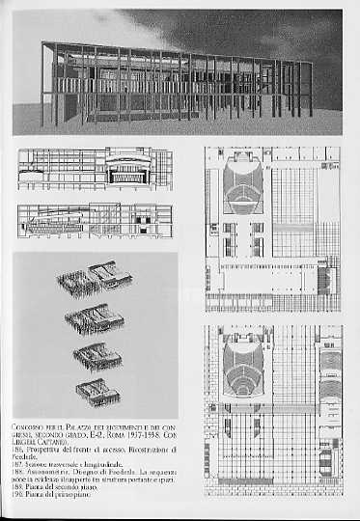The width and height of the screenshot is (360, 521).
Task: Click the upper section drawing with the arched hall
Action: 94,169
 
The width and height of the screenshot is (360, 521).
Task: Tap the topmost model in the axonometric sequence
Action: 94,278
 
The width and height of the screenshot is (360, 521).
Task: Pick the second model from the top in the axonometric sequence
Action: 96,317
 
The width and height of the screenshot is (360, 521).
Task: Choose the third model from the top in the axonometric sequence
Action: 97,354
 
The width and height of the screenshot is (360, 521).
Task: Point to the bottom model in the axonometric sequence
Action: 99,391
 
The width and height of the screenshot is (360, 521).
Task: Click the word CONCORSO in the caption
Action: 28,426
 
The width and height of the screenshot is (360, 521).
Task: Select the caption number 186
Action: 17,451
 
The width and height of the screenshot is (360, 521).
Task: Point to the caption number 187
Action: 17,467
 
